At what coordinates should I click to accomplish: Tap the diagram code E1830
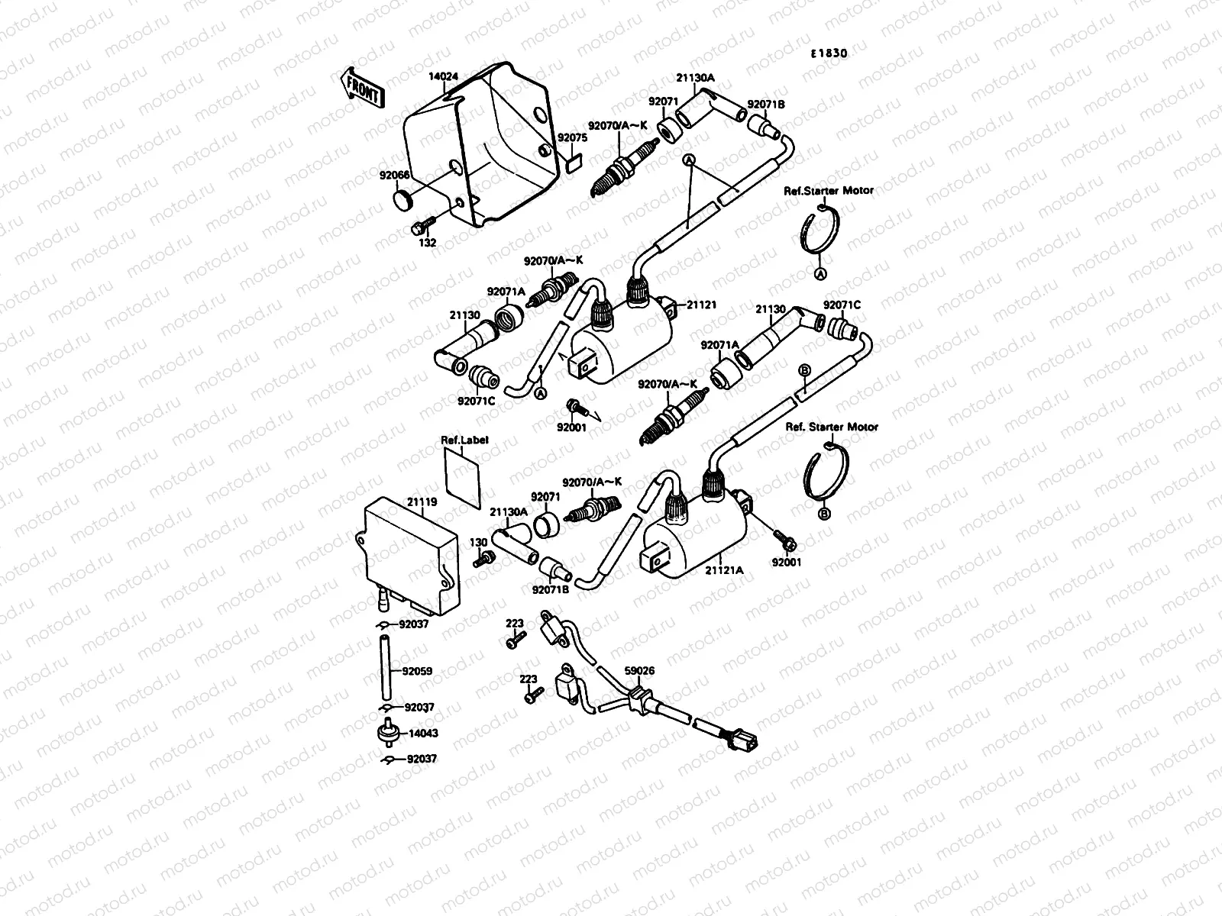(829, 53)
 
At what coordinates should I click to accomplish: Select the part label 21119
(422, 502)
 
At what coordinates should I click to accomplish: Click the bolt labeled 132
(421, 226)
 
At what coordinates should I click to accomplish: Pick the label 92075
(571, 138)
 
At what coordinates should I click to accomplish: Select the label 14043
(423, 733)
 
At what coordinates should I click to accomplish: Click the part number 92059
(417, 672)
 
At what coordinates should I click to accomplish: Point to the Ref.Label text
(464, 440)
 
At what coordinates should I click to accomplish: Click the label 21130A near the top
(695, 77)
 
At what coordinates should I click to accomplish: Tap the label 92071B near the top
(766, 104)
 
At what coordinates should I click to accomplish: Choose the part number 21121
(701, 305)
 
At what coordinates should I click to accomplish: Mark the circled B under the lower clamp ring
(823, 514)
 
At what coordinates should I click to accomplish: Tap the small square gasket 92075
(574, 162)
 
